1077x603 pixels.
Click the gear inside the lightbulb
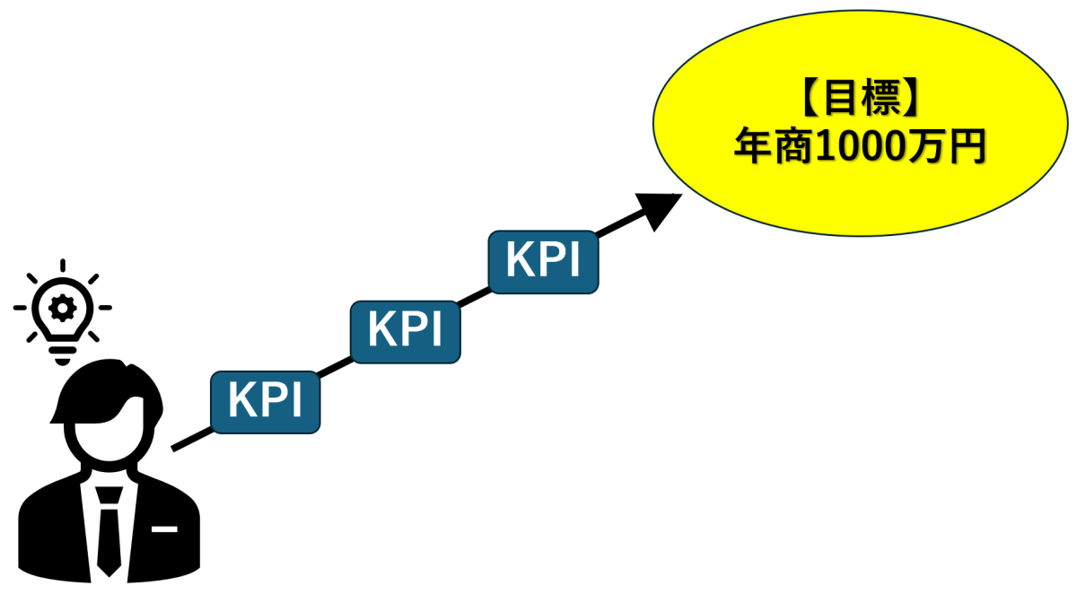coord(63,309)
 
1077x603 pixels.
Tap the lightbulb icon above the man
coord(63,314)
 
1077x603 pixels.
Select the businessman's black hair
coord(99,386)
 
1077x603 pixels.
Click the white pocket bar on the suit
coord(164,529)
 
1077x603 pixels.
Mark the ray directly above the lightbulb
coord(63,267)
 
